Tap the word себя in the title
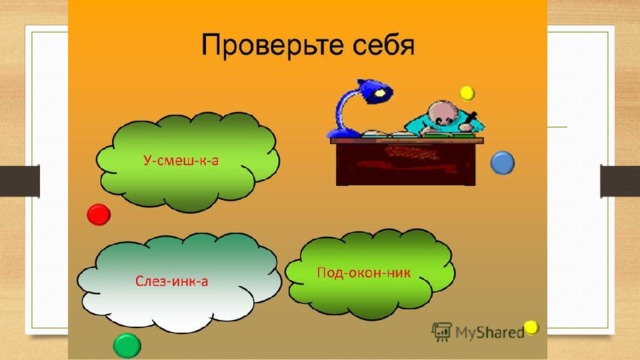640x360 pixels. pyautogui.click(x=384, y=45)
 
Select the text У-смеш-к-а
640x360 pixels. pyautogui.click(x=181, y=160)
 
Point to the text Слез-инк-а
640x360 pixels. pyautogui.click(x=172, y=281)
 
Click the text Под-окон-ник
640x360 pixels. pyautogui.click(x=364, y=272)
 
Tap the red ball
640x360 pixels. pyautogui.click(x=99, y=214)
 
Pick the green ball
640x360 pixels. pyautogui.click(x=127, y=346)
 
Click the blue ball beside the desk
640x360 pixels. pyautogui.click(x=502, y=163)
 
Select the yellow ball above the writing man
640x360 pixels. pyautogui.click(x=467, y=93)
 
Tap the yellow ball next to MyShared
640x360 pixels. pyautogui.click(x=531, y=327)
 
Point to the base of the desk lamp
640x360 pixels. pyautogui.click(x=344, y=133)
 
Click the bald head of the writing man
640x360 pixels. pyautogui.click(x=442, y=113)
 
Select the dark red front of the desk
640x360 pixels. pyautogui.click(x=406, y=164)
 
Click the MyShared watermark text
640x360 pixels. pyautogui.click(x=490, y=333)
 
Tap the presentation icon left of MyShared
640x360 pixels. pyautogui.click(x=442, y=331)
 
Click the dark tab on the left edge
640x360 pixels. pyautogui.click(x=20, y=181)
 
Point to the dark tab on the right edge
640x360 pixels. pyautogui.click(x=620, y=181)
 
